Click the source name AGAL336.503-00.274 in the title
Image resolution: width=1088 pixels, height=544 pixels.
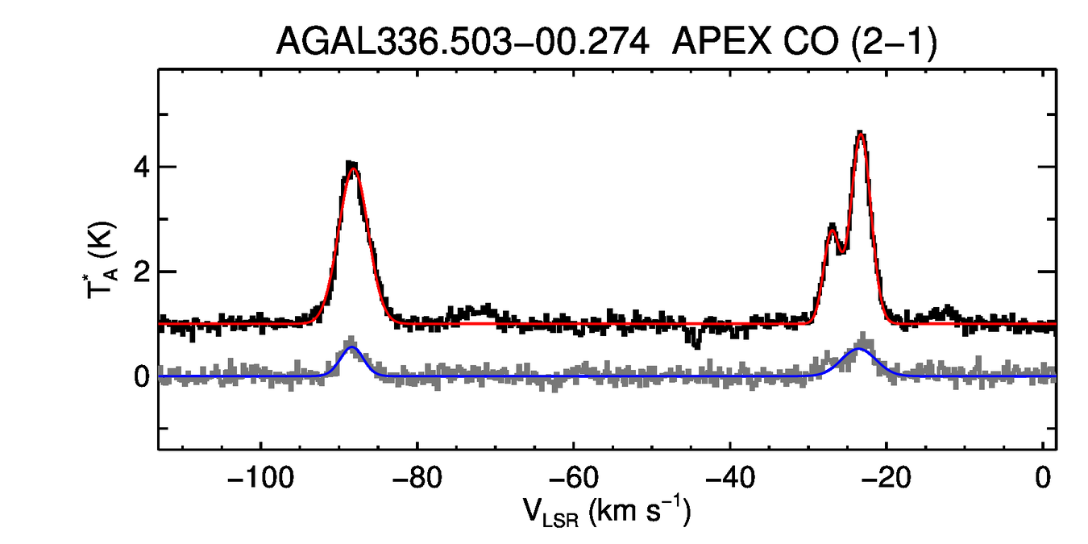pyautogui.click(x=463, y=41)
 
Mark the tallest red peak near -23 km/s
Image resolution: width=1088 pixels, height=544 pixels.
pyautogui.click(x=861, y=134)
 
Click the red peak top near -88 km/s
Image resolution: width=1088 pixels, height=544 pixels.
pyautogui.click(x=352, y=168)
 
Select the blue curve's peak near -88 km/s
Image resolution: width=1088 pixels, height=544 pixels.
pyautogui.click(x=351, y=347)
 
